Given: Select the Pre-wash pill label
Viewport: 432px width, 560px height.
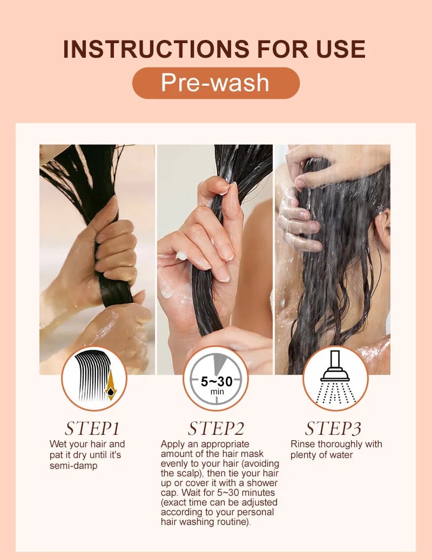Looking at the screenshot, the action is pyautogui.click(x=215, y=83).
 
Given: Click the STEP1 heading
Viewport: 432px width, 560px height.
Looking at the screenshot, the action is pyautogui.click(x=92, y=428).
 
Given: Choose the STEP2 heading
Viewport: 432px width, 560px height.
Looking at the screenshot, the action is pyautogui.click(x=216, y=428).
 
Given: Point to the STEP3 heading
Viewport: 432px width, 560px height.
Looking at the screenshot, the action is pyautogui.click(x=333, y=428).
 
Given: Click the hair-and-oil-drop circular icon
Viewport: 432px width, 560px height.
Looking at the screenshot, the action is pyautogui.click(x=94, y=378).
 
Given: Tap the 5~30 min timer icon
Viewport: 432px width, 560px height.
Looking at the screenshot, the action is pyautogui.click(x=215, y=378).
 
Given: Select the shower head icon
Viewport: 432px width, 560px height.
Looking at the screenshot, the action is pyautogui.click(x=335, y=378).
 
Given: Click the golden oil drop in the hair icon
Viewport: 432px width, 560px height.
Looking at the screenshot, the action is pyautogui.click(x=111, y=387).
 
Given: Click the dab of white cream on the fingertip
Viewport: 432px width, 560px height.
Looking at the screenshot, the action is pyautogui.click(x=181, y=256).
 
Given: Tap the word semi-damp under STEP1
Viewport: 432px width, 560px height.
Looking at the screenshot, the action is pyautogui.click(x=73, y=466).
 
